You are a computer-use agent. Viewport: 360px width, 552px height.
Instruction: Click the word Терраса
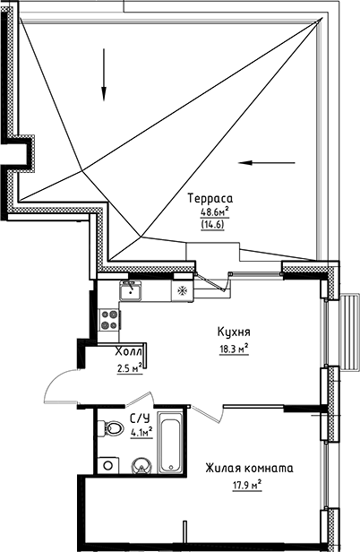point(210,198)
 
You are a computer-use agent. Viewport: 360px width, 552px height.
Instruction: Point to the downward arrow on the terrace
point(104,85)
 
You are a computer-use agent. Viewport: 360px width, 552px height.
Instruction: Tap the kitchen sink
point(131,289)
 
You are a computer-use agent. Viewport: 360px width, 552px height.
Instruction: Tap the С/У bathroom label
point(139,418)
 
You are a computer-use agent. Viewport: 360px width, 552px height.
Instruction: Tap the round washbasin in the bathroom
point(141,465)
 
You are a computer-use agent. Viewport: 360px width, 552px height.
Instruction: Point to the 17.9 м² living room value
point(244,486)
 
